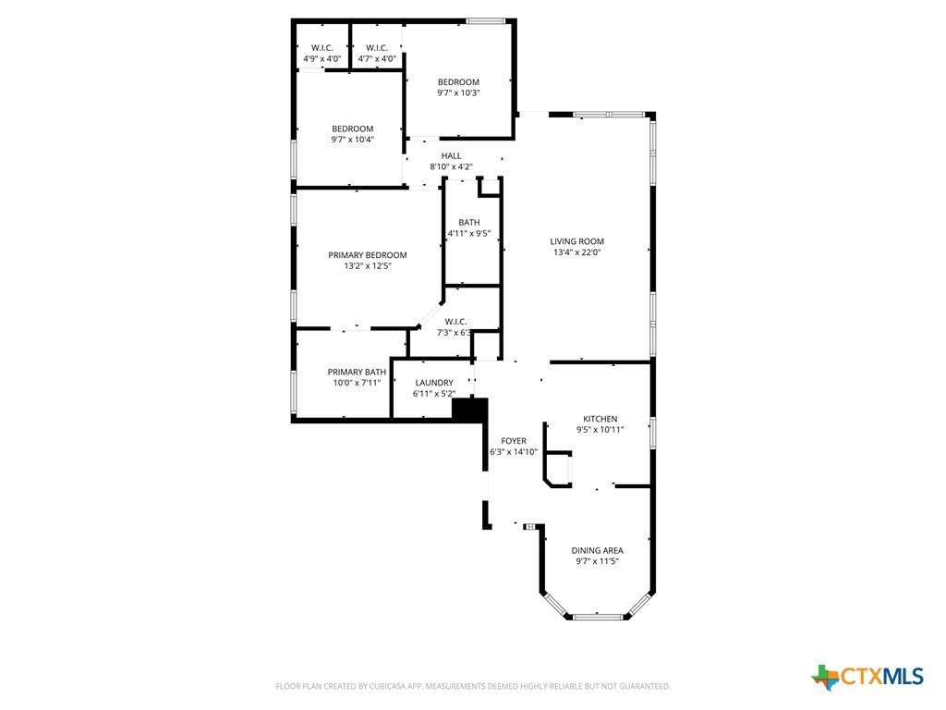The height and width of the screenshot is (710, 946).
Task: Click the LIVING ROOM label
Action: click(576, 241)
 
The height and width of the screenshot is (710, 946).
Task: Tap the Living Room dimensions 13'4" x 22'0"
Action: click(576, 252)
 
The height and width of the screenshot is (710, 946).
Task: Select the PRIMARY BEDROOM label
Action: click(368, 255)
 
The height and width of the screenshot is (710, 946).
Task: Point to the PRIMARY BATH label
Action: click(357, 372)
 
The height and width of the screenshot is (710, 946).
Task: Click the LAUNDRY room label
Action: click(434, 383)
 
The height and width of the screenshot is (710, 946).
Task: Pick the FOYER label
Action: click(514, 441)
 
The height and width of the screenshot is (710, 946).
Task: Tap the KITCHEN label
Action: click(600, 419)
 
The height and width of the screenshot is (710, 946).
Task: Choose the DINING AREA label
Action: click(598, 551)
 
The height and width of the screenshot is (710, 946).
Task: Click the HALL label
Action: click(451, 155)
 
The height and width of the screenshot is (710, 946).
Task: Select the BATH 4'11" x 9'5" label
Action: click(469, 228)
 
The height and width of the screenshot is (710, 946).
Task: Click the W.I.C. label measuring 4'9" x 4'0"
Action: click(322, 53)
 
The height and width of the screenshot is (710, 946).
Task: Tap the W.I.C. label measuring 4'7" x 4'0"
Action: click(377, 53)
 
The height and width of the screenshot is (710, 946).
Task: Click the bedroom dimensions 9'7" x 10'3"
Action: click(458, 93)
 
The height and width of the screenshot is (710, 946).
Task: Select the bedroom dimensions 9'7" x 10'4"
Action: click(353, 140)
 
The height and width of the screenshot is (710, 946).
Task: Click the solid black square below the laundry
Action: click(470, 410)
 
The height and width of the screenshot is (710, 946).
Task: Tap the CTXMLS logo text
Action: click(881, 676)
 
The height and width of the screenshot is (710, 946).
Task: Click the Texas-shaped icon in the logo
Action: click(825, 677)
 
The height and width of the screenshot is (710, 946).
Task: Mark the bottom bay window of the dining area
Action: click(597, 617)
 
